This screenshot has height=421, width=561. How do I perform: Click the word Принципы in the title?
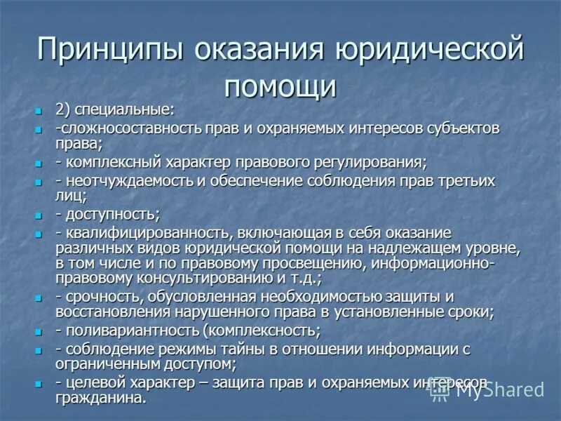[110, 51]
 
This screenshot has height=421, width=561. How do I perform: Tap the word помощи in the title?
[280, 86]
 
